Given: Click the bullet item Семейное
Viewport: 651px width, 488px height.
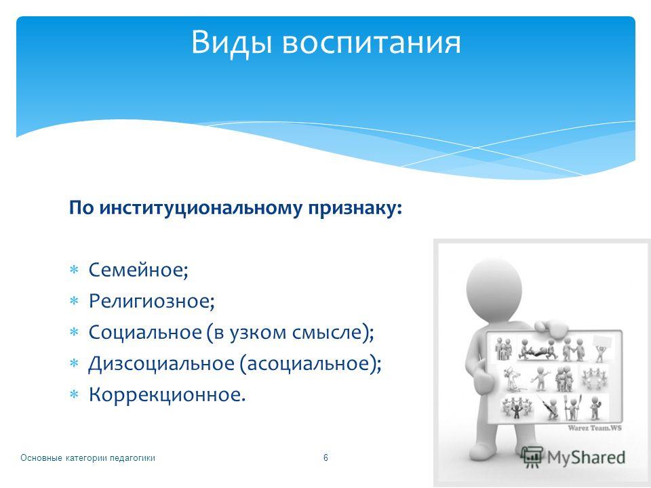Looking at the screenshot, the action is pyautogui.click(x=138, y=270).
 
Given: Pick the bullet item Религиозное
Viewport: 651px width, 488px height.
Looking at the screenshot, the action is pyautogui.click(x=152, y=301).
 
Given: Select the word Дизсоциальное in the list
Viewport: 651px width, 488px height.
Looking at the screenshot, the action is pyautogui.click(x=161, y=363).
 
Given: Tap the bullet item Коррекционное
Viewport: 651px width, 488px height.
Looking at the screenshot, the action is pyautogui.click(x=167, y=394).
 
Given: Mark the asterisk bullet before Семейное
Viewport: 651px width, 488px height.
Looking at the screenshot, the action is pyautogui.click(x=74, y=270).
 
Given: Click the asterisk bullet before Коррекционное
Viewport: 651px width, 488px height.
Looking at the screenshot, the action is pyautogui.click(x=74, y=394).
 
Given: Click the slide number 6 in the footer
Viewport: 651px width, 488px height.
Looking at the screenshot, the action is pyautogui.click(x=325, y=457).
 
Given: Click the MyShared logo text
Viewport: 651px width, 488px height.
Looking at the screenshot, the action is pyautogui.click(x=586, y=457).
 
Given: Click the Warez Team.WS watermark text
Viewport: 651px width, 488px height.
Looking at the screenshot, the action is pyautogui.click(x=595, y=428).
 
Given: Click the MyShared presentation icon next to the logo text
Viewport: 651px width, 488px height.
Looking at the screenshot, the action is pyautogui.click(x=532, y=457).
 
